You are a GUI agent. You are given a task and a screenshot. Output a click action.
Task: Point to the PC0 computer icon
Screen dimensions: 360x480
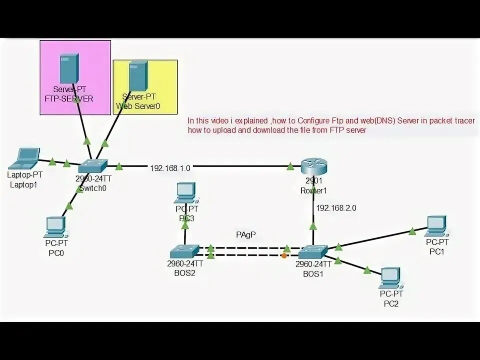click(x=54, y=227)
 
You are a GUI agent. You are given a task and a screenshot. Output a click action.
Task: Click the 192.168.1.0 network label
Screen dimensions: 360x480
click(x=170, y=168)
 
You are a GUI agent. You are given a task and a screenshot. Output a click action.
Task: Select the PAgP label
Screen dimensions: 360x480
click(x=246, y=234)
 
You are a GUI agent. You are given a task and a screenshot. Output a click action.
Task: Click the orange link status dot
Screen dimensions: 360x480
click(x=284, y=256)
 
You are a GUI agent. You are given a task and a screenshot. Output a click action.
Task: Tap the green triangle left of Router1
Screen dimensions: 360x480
click(x=290, y=167)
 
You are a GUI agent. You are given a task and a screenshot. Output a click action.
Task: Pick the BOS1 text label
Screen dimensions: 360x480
click(x=313, y=273)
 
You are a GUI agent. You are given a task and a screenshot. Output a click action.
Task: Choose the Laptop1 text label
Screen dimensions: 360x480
click(x=23, y=185)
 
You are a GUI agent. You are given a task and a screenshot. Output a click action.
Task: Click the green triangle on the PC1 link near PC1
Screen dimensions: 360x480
click(x=411, y=231)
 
